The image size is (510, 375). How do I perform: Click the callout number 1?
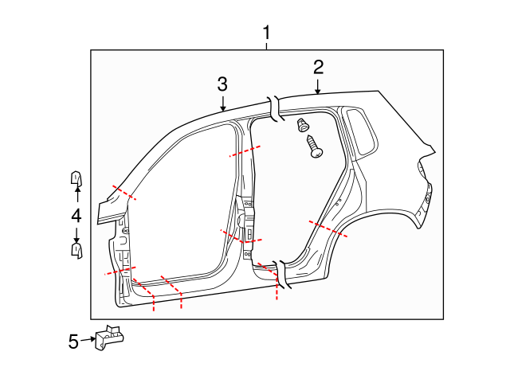pos(267,33)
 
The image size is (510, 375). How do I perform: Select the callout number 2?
pos(318,67)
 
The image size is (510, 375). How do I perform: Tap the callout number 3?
pos(222,84)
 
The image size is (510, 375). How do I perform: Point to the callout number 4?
pos(76,215)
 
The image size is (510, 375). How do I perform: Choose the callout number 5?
pos(73,342)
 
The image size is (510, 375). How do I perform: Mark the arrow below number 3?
pos(222,102)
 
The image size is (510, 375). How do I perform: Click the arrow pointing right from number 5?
pos(88,340)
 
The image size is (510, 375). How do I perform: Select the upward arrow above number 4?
pos(76,193)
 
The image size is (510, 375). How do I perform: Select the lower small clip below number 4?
pos(76,250)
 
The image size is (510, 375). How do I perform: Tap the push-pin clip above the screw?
pos(303,124)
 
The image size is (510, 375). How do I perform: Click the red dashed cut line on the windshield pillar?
pos(124,192)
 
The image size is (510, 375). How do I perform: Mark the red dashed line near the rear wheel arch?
pos(328,229)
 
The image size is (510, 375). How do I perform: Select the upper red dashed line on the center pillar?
pos(245,151)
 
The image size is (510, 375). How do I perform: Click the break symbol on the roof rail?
pos(275,109)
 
